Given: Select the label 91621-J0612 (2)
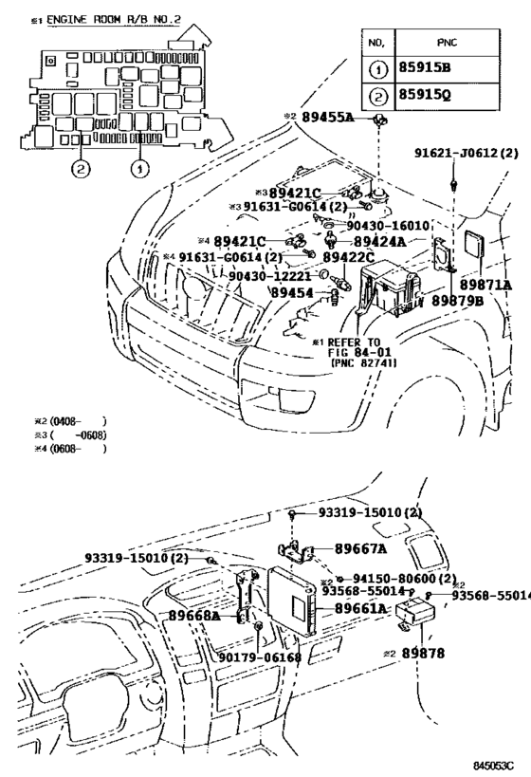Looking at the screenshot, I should click(467, 152).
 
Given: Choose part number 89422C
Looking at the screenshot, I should click(348, 257).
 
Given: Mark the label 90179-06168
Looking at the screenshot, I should click(260, 657).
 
